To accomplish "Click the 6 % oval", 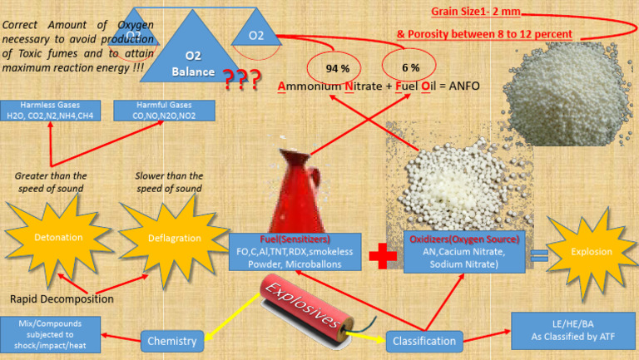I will pyautogui.click(x=409, y=66).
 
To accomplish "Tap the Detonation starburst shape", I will pyautogui.click(x=58, y=238).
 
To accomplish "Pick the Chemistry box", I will pyautogui.click(x=172, y=340).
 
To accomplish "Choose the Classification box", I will pyautogui.click(x=424, y=341).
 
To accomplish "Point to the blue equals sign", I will pyautogui.click(x=539, y=256).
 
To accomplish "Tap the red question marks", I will pyautogui.click(x=241, y=80).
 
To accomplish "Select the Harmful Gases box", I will pyautogui.click(x=164, y=111).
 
